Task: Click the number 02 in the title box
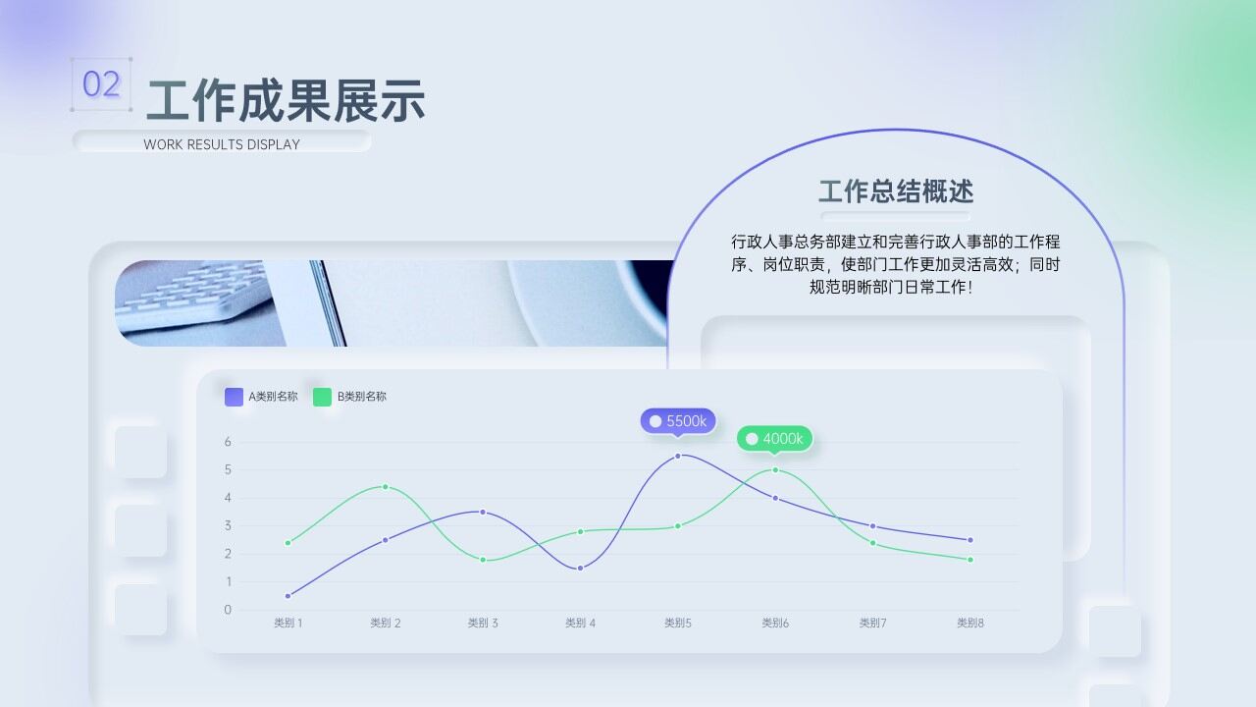click(x=101, y=84)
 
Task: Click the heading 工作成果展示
click(x=286, y=100)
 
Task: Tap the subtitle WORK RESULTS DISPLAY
click(x=222, y=144)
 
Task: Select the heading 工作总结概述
click(x=895, y=190)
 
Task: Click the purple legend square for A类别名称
click(x=234, y=397)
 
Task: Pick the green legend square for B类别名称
click(x=322, y=397)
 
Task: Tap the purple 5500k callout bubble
click(x=678, y=421)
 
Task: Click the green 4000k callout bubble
click(x=774, y=439)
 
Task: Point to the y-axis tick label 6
click(x=228, y=442)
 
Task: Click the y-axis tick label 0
click(x=228, y=610)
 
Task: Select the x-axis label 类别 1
click(x=288, y=623)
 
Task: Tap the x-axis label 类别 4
click(x=580, y=623)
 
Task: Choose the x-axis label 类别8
click(x=969, y=623)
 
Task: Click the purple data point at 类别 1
click(x=288, y=596)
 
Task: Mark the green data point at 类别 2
click(x=385, y=487)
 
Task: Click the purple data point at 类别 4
click(x=580, y=568)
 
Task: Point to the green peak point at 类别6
click(x=775, y=469)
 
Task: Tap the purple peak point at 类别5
click(x=678, y=456)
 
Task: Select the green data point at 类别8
click(x=969, y=560)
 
